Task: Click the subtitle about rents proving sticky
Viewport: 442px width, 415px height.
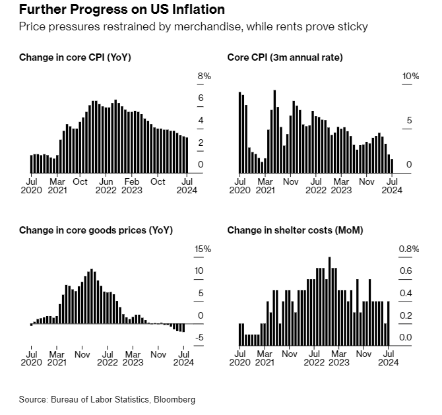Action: (193, 27)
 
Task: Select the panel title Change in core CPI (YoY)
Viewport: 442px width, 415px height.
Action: (75, 57)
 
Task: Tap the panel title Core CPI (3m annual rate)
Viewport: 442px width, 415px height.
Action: (284, 57)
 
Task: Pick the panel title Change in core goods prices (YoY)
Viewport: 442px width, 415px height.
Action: (96, 230)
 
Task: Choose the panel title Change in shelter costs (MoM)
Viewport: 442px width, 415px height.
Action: (295, 230)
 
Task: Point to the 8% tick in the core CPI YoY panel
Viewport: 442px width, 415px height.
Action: (205, 77)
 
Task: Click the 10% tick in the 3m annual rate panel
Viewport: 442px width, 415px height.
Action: (411, 77)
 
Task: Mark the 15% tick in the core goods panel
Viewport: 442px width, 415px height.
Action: (203, 249)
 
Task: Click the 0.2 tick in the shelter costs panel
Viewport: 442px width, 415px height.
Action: (406, 316)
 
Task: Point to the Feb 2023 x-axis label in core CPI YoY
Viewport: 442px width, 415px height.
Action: (133, 186)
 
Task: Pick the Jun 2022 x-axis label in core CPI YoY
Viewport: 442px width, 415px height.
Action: (106, 186)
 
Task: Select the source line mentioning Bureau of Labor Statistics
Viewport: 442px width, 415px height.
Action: (107, 400)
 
